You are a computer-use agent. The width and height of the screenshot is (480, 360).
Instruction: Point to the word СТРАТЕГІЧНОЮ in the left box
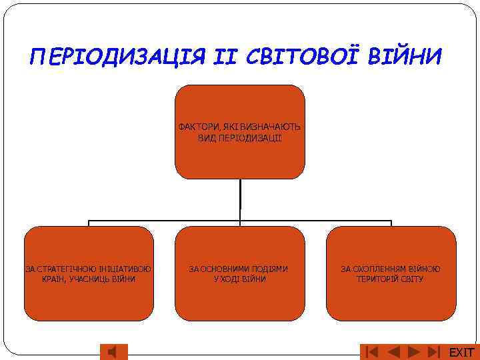click(x=64, y=269)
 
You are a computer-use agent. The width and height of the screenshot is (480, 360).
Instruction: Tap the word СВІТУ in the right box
click(x=411, y=279)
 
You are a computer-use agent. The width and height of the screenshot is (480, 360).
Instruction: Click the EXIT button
click(x=461, y=352)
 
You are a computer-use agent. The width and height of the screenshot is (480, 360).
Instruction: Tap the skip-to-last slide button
click(x=434, y=351)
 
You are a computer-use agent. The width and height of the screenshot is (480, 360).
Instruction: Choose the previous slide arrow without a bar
click(x=394, y=351)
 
